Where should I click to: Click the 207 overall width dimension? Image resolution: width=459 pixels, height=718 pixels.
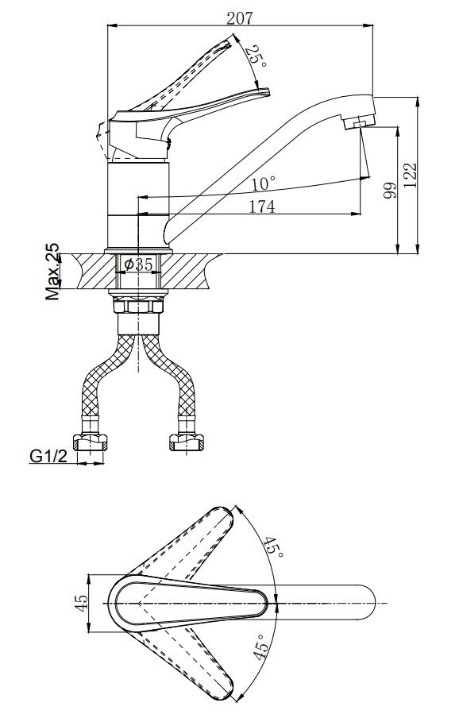pos(239,17)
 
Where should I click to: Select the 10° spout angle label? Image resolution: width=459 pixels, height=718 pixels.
pos(264,184)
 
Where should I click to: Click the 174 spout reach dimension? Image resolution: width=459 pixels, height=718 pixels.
pos(262,207)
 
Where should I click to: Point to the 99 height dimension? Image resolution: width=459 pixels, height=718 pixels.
pos(389,190)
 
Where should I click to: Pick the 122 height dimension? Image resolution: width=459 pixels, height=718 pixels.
pos(411,175)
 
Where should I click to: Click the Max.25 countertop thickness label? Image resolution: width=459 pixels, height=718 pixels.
pos(52,271)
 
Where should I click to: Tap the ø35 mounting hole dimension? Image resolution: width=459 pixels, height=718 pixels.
pos(138,264)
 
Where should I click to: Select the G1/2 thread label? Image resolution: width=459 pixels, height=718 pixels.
pos(48,456)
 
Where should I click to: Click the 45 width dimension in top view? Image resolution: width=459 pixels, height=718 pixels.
pos(81,603)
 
